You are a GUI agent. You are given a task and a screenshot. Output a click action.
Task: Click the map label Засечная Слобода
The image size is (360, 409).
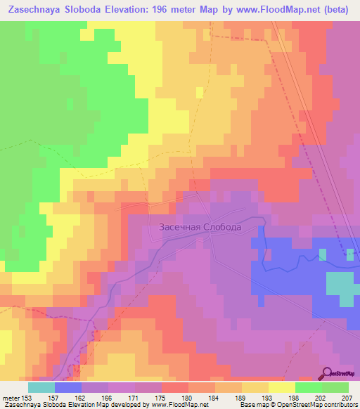pyautogui.click(x=200, y=228)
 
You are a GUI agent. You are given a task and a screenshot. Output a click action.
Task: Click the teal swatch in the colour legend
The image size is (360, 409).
pyautogui.click(x=41, y=387)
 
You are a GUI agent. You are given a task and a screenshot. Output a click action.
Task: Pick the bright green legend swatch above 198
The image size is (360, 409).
pyautogui.click(x=308, y=387)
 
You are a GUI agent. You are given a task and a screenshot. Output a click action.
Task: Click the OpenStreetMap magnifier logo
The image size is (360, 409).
pyautogui.click(x=327, y=374)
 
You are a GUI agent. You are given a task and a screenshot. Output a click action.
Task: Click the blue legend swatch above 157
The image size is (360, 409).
pyautogui.click(x=67, y=387)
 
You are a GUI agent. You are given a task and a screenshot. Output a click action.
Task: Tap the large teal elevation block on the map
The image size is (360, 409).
pyautogui.click(x=341, y=288)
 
